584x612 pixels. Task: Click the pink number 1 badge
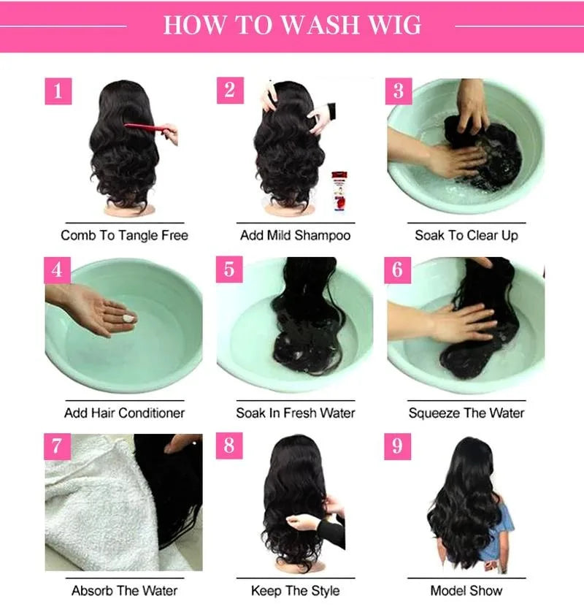tap(58, 91)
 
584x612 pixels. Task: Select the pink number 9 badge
tap(397, 446)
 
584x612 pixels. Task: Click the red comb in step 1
tap(150, 130)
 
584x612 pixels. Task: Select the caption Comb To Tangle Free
tap(124, 235)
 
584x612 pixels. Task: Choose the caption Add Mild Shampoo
tap(295, 235)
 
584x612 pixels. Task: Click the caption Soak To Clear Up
tap(466, 235)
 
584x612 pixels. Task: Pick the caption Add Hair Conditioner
tap(124, 413)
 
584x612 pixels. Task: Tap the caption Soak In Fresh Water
tap(295, 413)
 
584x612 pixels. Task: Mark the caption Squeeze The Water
tap(466, 413)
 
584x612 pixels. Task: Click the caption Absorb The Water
tap(124, 590)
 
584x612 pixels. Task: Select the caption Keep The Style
tap(295, 590)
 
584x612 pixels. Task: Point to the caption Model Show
tap(466, 590)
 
